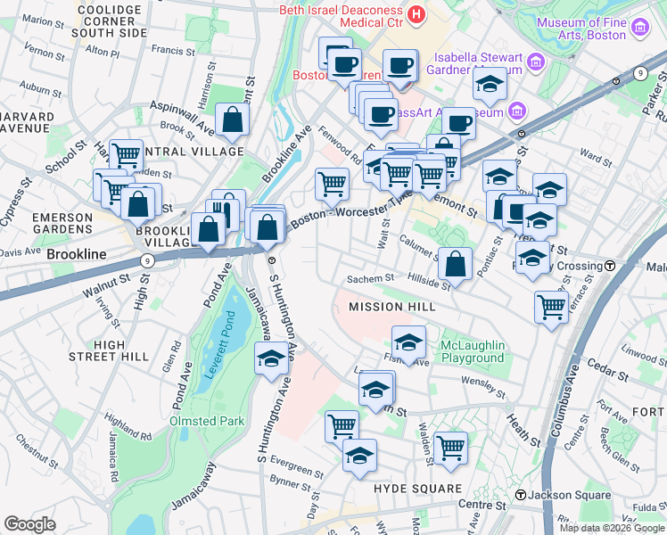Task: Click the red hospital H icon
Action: point(416,15)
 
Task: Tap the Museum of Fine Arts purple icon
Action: point(639,28)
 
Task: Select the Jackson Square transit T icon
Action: point(520,495)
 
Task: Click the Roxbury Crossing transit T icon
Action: point(611,266)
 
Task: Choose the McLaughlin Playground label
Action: point(472,351)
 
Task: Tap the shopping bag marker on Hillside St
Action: point(455,264)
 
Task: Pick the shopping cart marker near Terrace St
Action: point(551,307)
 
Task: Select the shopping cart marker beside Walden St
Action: point(451,448)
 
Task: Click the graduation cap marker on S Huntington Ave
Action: point(271,360)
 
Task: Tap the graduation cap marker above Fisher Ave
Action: point(409,342)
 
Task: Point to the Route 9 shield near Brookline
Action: point(147,260)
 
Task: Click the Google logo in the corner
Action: point(29,524)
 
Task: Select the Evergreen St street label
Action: point(297,469)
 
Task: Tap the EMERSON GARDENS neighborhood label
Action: point(62,224)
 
